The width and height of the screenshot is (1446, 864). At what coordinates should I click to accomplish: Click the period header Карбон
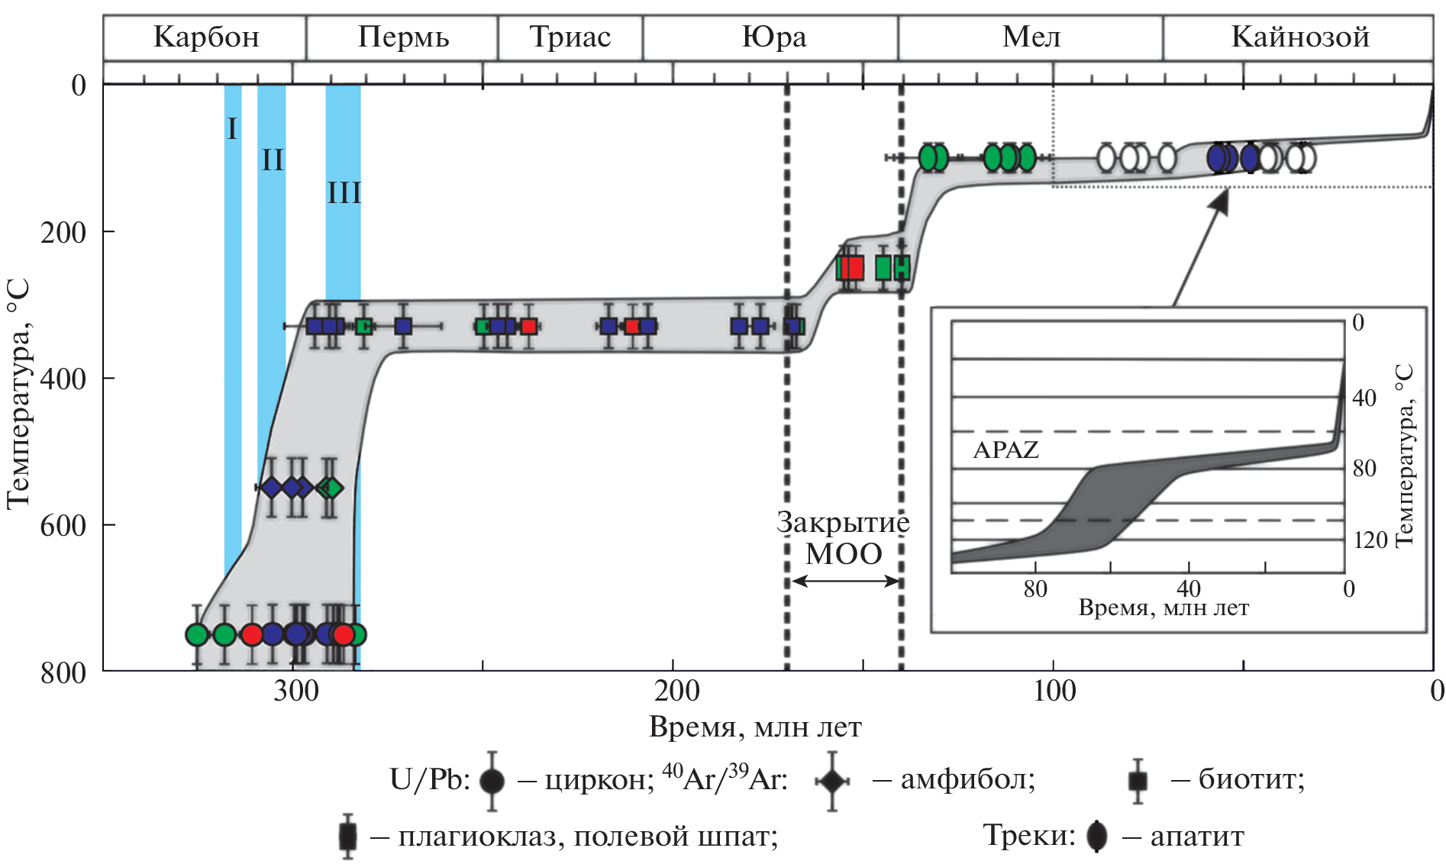(206, 37)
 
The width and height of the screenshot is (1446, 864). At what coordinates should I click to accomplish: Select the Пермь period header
(403, 37)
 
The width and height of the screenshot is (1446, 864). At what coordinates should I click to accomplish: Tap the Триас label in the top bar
(570, 37)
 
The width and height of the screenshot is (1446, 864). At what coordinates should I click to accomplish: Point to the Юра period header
(773, 37)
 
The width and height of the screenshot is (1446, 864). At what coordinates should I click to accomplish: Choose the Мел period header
(1031, 37)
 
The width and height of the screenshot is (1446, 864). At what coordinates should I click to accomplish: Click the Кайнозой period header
(1300, 37)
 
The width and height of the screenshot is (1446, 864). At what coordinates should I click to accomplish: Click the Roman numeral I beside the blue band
(233, 128)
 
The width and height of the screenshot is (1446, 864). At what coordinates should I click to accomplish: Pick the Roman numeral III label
(344, 192)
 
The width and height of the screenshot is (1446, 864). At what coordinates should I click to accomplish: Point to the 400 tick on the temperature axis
(63, 379)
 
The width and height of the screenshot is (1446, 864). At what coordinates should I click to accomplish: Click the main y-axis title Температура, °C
(18, 393)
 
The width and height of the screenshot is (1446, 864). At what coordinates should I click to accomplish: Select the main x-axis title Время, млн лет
(755, 727)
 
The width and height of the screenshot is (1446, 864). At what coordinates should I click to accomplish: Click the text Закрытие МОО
(843, 538)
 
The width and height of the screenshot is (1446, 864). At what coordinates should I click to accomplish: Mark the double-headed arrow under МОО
(845, 582)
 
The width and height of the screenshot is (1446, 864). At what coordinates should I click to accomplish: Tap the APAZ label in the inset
(1005, 450)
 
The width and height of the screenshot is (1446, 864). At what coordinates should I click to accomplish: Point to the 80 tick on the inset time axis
(1035, 588)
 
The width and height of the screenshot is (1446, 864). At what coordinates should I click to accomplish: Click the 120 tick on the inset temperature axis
(1370, 540)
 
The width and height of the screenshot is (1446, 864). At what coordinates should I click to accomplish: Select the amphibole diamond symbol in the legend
(831, 781)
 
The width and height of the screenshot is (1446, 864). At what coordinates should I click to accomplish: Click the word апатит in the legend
(1197, 837)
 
